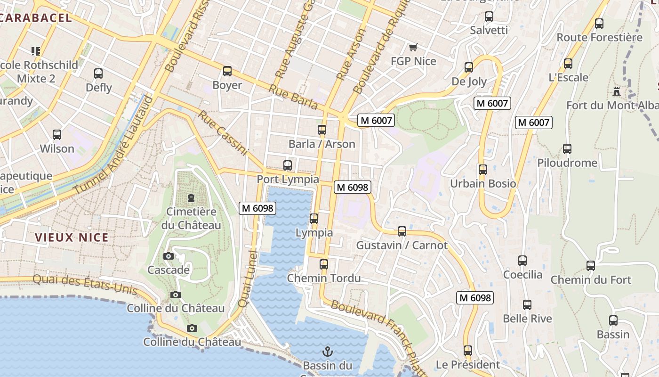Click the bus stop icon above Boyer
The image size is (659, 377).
pos(227,71)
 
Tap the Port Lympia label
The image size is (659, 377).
pos(288,180)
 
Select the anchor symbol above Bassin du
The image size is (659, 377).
pos(327,352)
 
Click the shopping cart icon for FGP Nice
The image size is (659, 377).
pos(413,47)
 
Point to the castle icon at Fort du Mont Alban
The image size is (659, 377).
pos(617,91)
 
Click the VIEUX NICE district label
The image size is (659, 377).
pos(72,238)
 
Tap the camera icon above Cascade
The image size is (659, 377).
pos(169,256)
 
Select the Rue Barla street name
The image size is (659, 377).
pos(293,96)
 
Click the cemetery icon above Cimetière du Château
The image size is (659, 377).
pos(191,198)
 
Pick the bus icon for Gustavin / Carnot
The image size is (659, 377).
pos(402,231)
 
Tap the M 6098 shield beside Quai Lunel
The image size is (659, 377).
pos(257,208)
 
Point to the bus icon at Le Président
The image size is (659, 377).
pos(467,351)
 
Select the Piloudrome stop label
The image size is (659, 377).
pos(567,163)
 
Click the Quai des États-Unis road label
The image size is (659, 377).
pos(85,285)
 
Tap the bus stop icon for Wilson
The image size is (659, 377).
pos(57,135)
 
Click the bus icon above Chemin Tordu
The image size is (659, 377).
pos(324,264)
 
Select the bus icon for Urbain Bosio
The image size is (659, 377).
pos(483,170)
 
